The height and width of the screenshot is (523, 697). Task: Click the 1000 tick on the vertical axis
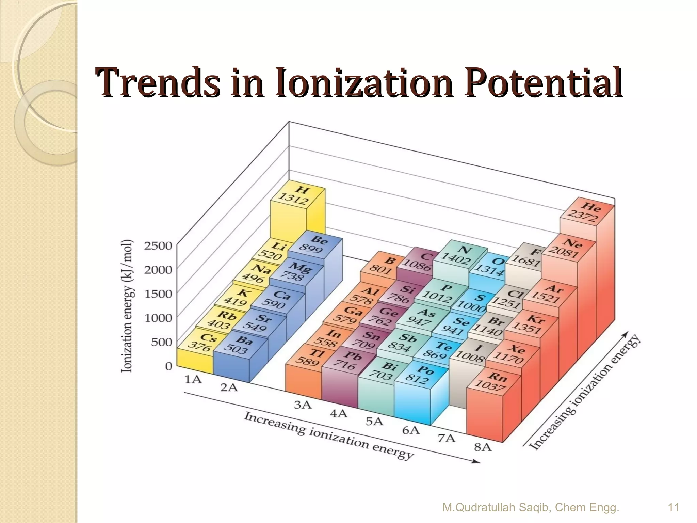tap(158, 318)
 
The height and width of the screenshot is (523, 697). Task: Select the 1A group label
tap(193, 379)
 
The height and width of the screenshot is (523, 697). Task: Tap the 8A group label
tap(483, 447)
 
